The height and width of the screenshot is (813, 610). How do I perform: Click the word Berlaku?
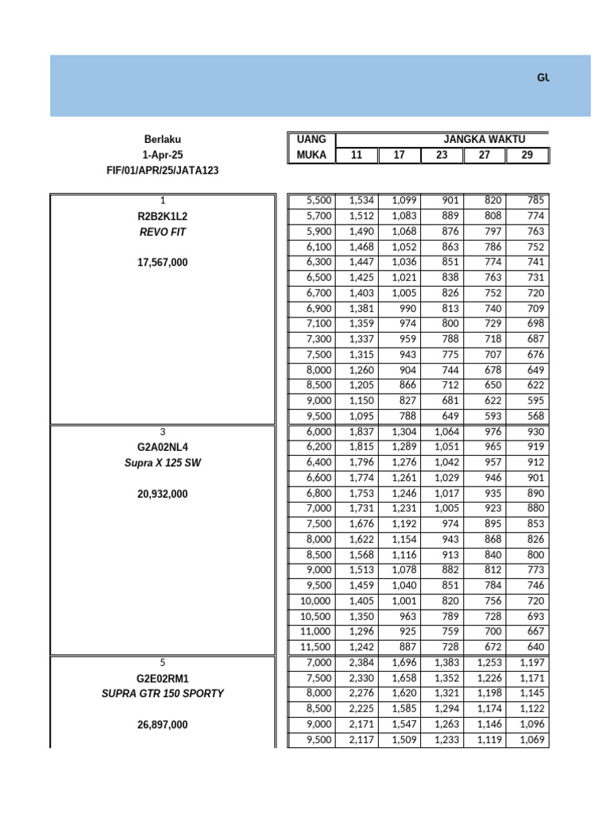tap(162, 140)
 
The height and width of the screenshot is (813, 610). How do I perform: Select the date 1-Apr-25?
tap(162, 155)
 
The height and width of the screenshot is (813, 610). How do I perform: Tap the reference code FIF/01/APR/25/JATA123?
tap(162, 170)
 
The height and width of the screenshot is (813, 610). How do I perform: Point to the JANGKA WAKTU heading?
tap(485, 140)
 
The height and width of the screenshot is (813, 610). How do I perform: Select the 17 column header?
tap(399, 155)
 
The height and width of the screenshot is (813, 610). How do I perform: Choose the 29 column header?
tap(527, 155)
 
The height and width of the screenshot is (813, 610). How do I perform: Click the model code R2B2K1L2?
tap(162, 216)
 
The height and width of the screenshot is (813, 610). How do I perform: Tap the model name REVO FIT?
tap(162, 231)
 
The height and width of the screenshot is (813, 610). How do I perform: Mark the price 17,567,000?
tap(162, 262)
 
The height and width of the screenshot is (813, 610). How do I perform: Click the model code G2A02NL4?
tap(162, 447)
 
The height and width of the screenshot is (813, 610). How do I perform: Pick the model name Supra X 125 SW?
tap(162, 462)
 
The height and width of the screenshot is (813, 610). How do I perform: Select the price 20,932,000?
tap(162, 493)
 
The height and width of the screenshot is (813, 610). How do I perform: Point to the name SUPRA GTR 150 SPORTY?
tap(162, 693)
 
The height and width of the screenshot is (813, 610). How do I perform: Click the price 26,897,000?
tap(162, 724)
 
